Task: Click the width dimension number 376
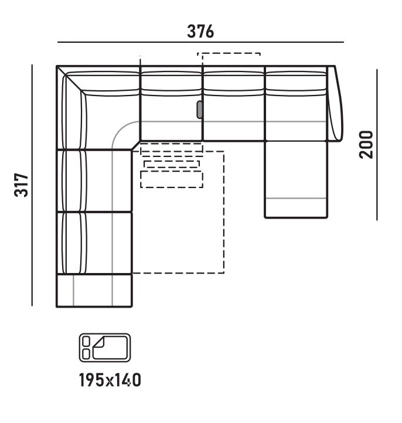[x=200, y=32]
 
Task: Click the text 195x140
[x=110, y=381]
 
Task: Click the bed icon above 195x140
[x=104, y=346]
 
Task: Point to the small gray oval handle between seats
[x=199, y=109]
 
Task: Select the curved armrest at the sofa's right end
[x=336, y=103]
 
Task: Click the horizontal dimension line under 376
[x=200, y=43]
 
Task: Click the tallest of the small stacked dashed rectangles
[x=172, y=179]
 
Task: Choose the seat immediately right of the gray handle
[x=233, y=117]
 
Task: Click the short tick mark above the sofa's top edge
[x=141, y=59]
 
